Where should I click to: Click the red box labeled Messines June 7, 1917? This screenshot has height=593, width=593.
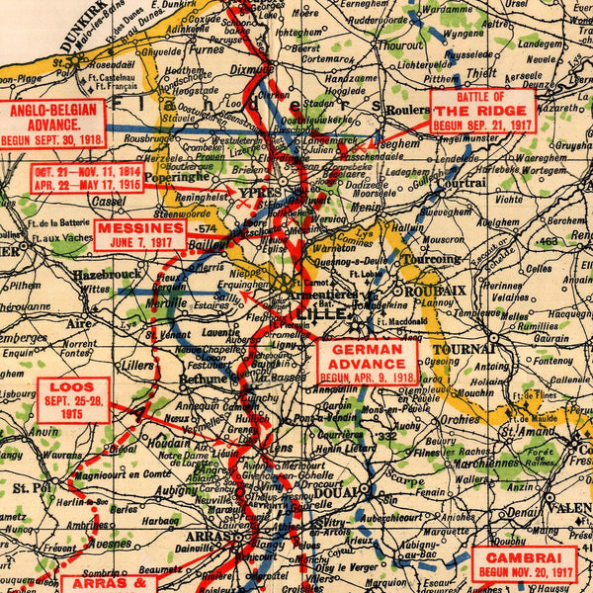(140, 235)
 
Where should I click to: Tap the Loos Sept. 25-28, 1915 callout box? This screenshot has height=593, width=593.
(73, 400)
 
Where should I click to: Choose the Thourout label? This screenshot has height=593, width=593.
(399, 44)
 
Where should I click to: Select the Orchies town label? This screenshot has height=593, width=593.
(460, 418)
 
